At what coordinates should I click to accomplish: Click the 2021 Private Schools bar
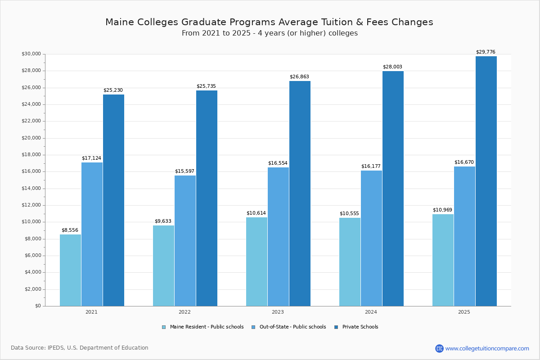pos(113,200)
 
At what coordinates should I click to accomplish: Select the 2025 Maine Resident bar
pos(443,260)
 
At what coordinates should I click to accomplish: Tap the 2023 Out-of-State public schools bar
pos(278,237)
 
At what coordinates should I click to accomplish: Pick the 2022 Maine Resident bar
pos(163,265)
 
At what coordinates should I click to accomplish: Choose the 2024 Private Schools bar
pos(393,189)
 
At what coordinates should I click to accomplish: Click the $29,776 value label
pos(486,52)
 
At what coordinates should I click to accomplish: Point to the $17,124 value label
pos(91,158)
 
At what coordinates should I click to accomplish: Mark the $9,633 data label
pos(163,221)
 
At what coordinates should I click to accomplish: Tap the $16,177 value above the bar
pos(371,166)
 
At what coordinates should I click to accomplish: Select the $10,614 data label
pos(256,213)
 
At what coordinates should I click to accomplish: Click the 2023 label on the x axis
pos(278,312)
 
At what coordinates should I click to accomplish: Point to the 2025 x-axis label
pos(464,312)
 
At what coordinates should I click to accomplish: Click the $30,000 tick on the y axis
pos(31,54)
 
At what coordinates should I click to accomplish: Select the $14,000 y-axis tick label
pos(31,189)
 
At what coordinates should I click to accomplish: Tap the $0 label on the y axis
pos(38,306)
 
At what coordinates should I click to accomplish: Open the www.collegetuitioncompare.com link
pos(487,348)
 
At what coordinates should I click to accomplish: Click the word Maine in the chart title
pos(119,22)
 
